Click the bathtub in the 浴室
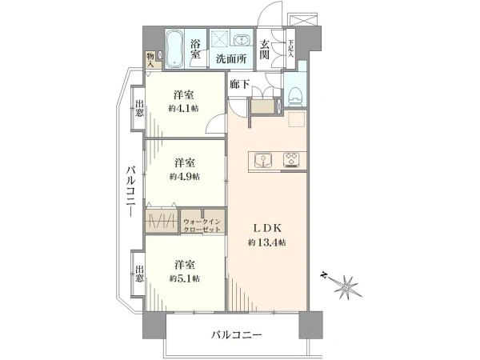point(174,49)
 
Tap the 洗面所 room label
point(231,58)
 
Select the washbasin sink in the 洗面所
point(242,40)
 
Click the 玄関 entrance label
point(265,50)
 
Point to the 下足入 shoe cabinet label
point(290,49)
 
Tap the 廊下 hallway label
point(240,84)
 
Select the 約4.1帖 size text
point(183,108)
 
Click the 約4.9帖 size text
point(185,177)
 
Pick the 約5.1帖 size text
point(185,278)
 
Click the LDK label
point(267,228)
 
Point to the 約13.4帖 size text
point(267,242)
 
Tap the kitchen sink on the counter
point(263,160)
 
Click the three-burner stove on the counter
point(291,160)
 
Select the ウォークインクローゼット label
point(202,226)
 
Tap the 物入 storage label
point(150,60)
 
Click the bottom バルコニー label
point(237,334)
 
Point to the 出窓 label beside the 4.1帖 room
point(139,108)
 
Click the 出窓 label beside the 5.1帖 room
point(139,274)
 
